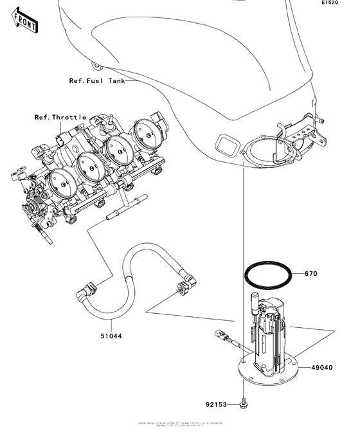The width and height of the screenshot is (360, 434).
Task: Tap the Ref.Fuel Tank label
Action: tap(97, 81)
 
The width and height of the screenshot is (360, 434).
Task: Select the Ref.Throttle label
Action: tap(60, 118)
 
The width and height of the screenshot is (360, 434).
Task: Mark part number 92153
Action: tap(217, 406)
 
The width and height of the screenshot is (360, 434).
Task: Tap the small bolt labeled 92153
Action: tap(244, 403)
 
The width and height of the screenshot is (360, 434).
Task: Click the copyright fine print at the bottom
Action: tap(180, 425)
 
